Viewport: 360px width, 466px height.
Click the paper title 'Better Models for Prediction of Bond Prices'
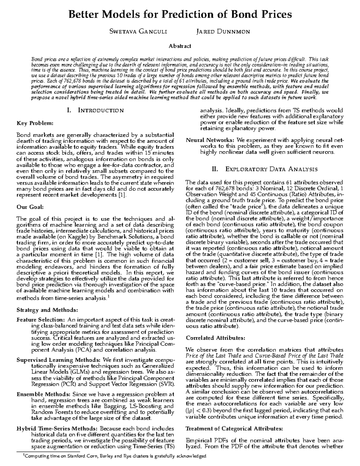tap(180, 14)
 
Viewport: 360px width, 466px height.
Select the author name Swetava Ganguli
tap(138, 32)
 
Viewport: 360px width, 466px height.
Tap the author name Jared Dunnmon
tap(223, 32)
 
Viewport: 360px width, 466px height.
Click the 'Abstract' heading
tap(180, 46)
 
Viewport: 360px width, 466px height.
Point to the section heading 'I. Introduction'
tap(95, 110)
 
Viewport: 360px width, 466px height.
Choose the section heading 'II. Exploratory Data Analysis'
tap(265, 169)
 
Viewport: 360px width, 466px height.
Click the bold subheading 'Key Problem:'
tap(35, 123)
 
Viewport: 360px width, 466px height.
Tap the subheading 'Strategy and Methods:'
tap(47, 310)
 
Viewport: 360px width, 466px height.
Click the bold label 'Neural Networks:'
tap(210, 140)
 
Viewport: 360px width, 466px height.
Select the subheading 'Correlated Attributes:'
tap(215, 338)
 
